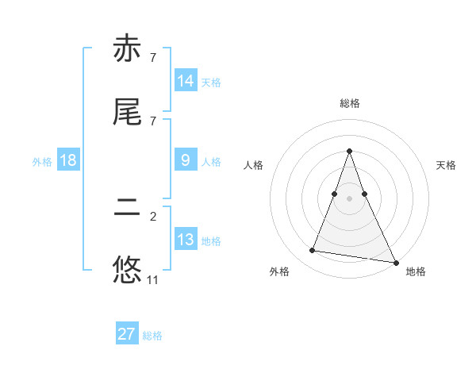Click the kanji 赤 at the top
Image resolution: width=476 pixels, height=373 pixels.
pyautogui.click(x=127, y=51)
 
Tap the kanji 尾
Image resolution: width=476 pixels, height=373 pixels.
pyautogui.click(x=127, y=112)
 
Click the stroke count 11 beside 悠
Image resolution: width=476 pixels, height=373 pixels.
pyautogui.click(x=153, y=280)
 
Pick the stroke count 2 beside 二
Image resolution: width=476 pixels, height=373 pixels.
pyautogui.click(x=153, y=217)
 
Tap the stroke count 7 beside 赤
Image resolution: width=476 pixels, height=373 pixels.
pyautogui.click(x=153, y=58)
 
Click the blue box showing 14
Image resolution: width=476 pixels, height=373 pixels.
pyautogui.click(x=186, y=81)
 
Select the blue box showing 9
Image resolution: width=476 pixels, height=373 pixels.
pyautogui.click(x=186, y=160)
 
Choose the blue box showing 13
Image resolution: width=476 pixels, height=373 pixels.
pyautogui.click(x=186, y=240)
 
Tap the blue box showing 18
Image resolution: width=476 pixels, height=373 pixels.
pyautogui.click(x=68, y=160)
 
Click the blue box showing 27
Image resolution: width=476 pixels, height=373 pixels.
pyautogui.click(x=127, y=334)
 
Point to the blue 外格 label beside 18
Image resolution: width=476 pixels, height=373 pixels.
pyautogui.click(x=42, y=161)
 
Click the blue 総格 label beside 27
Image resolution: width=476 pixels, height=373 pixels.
pyautogui.click(x=152, y=336)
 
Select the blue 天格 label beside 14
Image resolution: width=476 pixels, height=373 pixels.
pyautogui.click(x=211, y=82)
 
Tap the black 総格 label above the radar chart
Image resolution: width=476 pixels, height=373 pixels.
pyautogui.click(x=349, y=103)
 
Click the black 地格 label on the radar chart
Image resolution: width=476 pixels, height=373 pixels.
pyautogui.click(x=416, y=271)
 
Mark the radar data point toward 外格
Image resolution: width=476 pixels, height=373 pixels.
pyautogui.click(x=313, y=251)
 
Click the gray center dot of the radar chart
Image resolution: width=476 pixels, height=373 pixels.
pyautogui.click(x=349, y=198)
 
